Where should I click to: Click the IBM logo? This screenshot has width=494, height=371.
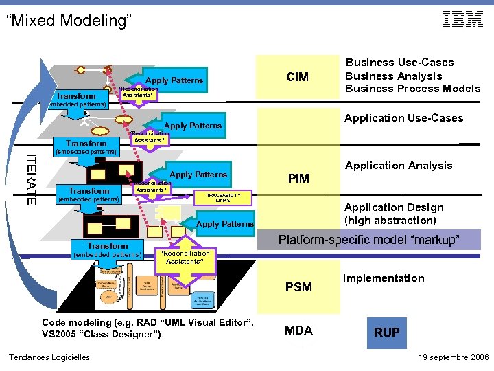click(x=462, y=20)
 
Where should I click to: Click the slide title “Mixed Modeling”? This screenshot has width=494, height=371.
click(x=69, y=21)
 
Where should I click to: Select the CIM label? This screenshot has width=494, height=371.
click(x=297, y=76)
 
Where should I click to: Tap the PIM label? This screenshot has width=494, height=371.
click(x=298, y=179)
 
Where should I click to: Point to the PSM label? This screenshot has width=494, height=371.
click(x=298, y=286)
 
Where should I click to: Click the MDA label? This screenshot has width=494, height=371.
click(x=298, y=330)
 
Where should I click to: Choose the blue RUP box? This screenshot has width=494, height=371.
click(x=386, y=332)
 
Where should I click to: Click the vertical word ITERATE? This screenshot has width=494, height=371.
click(x=32, y=179)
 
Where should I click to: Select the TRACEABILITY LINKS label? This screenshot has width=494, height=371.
click(x=223, y=197)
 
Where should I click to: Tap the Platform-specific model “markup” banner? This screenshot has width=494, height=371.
click(x=368, y=240)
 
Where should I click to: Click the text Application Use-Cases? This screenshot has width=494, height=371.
click(x=403, y=118)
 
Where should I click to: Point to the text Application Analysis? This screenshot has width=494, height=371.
click(x=399, y=166)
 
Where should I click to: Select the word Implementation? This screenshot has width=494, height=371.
click(x=384, y=278)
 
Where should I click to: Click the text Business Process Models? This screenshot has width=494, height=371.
click(x=412, y=89)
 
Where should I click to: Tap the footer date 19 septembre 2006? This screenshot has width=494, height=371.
click(x=453, y=357)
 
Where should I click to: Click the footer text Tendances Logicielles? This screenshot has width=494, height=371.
click(x=49, y=357)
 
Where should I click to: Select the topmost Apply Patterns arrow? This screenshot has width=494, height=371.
click(x=174, y=80)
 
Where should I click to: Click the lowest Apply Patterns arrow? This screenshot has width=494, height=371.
click(x=224, y=224)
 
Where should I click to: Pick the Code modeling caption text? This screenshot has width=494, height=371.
click(x=148, y=328)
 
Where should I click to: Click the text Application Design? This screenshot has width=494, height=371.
click(x=394, y=207)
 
